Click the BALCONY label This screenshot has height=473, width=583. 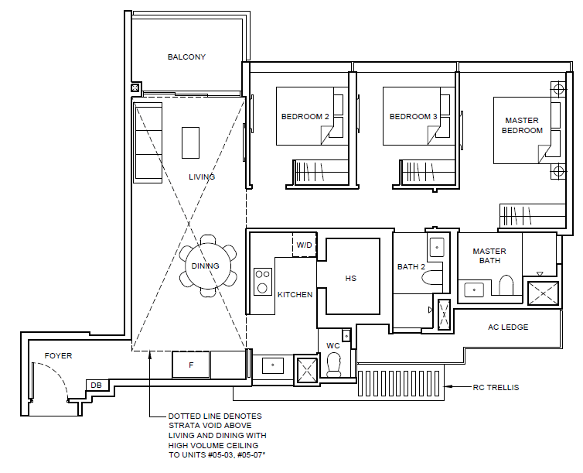pos(186,57)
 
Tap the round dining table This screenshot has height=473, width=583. pos(208,266)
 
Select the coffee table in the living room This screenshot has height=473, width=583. pos(190,142)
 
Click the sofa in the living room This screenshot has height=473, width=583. pos(148,142)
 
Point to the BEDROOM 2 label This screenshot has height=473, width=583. pos(305,116)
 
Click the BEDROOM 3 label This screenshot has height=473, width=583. pos(413,116)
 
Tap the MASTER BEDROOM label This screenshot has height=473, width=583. pos(522,125)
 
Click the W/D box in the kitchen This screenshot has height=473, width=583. pos(304,245)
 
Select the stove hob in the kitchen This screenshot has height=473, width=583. pos(262,281)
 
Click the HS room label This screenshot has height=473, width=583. pos(350,279)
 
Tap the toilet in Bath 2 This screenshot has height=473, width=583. pos(432,278)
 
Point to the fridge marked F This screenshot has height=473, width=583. pos(191,365)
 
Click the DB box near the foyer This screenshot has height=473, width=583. pos(97,386)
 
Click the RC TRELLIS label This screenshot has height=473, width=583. pos(496,387)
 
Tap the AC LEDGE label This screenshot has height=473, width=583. pos(508,327)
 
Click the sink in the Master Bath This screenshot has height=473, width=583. pos(474,290)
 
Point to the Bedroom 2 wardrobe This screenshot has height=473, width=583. pos(321,172)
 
